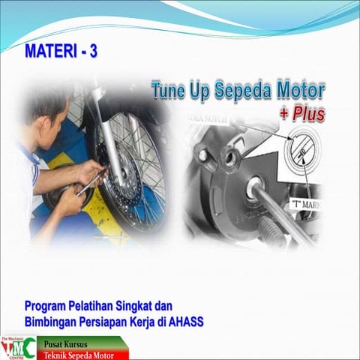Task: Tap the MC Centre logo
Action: [18, 347]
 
